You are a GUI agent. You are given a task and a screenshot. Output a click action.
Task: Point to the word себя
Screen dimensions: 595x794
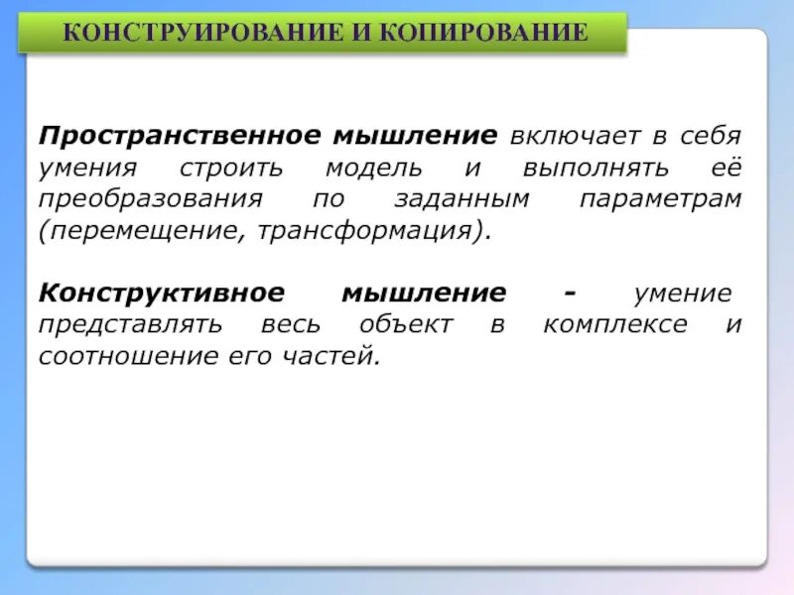(x=710, y=136)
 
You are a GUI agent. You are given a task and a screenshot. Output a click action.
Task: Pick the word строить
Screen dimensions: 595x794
(x=232, y=168)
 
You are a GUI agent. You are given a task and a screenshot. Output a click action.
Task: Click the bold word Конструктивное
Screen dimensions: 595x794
(x=162, y=295)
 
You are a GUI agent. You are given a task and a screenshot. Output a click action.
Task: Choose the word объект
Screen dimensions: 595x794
(x=406, y=325)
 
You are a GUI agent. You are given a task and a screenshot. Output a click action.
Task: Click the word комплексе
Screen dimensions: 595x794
(x=614, y=325)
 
